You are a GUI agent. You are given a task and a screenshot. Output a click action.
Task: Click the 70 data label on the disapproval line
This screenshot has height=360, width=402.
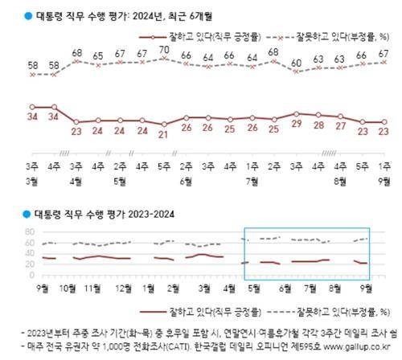tap(164, 49)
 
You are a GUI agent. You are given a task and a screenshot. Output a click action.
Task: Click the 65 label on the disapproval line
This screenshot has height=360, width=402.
tap(98, 56)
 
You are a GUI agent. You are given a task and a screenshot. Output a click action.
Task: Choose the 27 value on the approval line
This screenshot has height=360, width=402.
tap(341, 129)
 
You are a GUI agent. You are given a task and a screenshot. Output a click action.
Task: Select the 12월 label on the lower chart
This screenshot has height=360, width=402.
tap(125, 288)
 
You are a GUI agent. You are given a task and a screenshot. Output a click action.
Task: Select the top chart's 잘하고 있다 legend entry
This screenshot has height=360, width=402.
tap(202, 37)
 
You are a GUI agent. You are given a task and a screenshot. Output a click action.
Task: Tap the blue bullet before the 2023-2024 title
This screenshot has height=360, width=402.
tap(27, 215)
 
